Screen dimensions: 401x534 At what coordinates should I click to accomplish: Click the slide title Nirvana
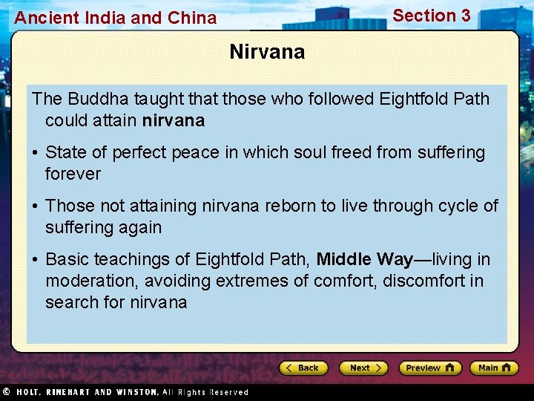tap(267, 52)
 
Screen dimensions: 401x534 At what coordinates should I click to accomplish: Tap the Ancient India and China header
tap(116, 18)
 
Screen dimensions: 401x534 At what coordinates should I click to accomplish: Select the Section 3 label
tap(431, 16)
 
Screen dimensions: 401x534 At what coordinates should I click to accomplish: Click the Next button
tap(363, 368)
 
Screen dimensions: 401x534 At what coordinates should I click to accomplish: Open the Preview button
tap(429, 368)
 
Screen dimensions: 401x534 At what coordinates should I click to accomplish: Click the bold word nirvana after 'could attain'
tap(173, 120)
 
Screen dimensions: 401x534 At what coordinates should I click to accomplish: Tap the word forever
tap(73, 174)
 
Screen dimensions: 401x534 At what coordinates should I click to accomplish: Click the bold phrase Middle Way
tap(364, 259)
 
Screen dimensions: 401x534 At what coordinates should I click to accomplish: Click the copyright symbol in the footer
tap(6, 392)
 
